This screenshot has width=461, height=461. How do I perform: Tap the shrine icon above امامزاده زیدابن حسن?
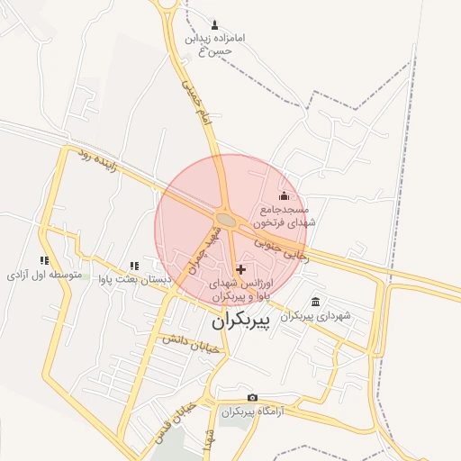(214, 24)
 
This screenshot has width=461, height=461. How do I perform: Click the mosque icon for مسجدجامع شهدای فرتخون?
(285, 195)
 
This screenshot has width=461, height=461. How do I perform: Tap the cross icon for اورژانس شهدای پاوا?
(240, 269)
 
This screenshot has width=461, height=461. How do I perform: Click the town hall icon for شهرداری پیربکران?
(314, 302)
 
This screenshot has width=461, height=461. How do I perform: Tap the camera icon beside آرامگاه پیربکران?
(252, 398)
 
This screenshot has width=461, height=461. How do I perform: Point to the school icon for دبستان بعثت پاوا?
(133, 265)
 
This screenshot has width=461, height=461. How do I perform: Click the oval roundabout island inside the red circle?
(227, 220)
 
